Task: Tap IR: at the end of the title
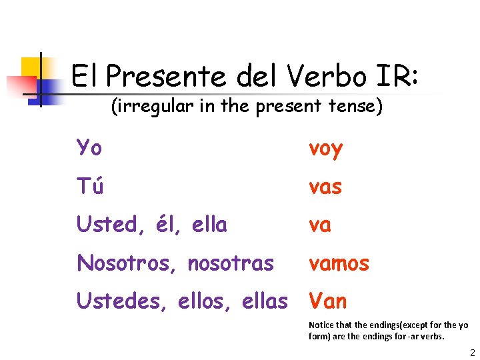(396, 77)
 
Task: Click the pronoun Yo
(89, 148)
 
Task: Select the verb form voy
(325, 149)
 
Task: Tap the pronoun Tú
(89, 187)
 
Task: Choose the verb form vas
(325, 187)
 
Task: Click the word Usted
(107, 225)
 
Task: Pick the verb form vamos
(339, 263)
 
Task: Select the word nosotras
(231, 263)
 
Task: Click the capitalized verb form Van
(327, 301)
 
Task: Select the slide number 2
(471, 352)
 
